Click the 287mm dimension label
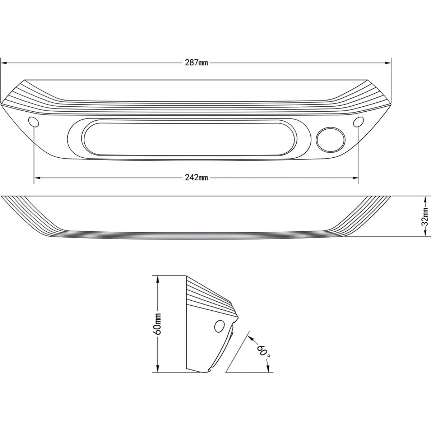pos(196,62)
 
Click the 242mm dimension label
pos(196,177)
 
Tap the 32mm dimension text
pos(425,216)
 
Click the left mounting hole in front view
pos(34,122)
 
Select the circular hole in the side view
pos(219,326)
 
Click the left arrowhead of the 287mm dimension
pos(3,62)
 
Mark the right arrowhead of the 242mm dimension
pos(356,177)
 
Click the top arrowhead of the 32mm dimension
pos(425,199)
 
